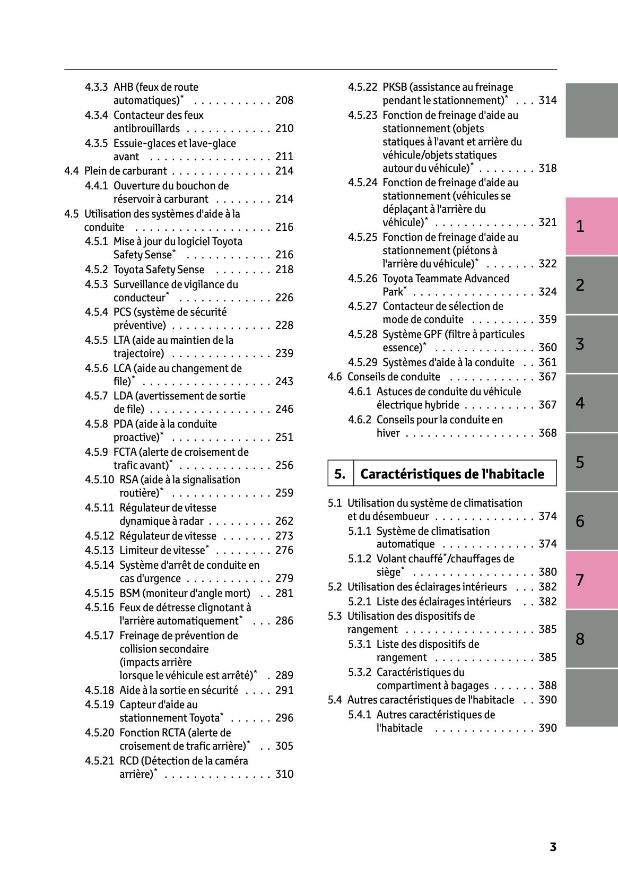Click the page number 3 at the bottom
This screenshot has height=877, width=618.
[553, 847]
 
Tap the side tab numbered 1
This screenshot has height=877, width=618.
[591, 227]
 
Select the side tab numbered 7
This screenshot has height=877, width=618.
[591, 580]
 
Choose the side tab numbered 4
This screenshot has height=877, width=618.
[591, 403]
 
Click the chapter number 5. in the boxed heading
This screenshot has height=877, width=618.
[340, 474]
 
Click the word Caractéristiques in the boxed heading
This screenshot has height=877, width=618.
[407, 474]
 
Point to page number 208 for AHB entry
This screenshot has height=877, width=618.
[284, 100]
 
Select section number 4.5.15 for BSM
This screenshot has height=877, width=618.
[99, 593]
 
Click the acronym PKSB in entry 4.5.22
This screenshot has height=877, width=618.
[395, 87]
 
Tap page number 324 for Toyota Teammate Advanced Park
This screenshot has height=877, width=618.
[547, 292]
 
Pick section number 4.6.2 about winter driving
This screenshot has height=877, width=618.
[360, 420]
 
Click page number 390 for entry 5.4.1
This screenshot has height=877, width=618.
[547, 728]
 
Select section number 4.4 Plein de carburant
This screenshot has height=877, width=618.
[71, 171]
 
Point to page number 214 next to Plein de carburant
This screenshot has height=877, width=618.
[284, 171]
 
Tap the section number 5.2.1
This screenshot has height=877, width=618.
[360, 602]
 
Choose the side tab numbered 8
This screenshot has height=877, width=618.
[591, 639]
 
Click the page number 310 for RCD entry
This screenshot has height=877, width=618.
[284, 774]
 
